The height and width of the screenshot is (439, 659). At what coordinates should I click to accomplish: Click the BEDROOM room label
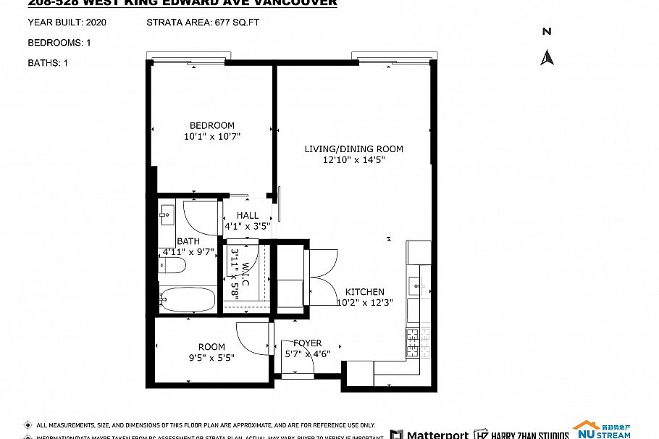[x=211, y=125]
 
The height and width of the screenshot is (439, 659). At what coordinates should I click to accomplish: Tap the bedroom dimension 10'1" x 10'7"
[x=211, y=136]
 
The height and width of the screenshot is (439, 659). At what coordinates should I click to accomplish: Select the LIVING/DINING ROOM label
[x=353, y=149]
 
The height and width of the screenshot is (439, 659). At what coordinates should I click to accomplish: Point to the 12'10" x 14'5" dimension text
[x=353, y=160]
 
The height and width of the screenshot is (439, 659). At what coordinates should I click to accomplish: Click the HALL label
[x=247, y=215]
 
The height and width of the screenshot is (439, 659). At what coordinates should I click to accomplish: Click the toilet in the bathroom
[x=172, y=266]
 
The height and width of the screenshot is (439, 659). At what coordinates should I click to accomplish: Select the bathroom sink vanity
[x=167, y=214]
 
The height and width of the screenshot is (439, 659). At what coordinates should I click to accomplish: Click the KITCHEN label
[x=364, y=292]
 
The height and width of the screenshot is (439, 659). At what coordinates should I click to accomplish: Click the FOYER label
[x=307, y=343]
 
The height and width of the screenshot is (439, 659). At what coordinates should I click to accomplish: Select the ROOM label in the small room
[x=211, y=347]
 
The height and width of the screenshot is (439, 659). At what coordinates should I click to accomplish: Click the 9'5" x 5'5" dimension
[x=211, y=357]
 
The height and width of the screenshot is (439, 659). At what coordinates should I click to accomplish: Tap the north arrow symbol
[x=547, y=57]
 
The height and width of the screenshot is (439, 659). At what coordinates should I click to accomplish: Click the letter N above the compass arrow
[x=547, y=31]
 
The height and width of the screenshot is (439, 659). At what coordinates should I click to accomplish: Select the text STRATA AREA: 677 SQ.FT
[x=203, y=22]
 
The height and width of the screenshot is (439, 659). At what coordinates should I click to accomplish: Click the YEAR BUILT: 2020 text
[x=67, y=22]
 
